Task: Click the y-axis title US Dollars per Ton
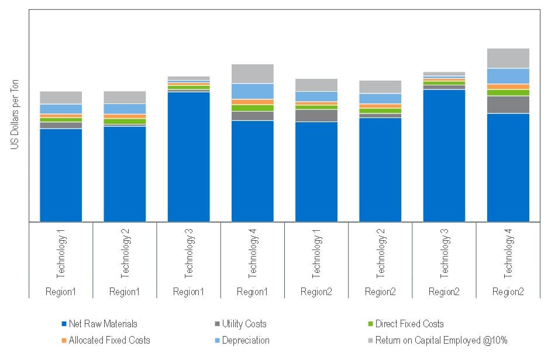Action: (14, 117)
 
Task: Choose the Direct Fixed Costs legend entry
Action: (409, 324)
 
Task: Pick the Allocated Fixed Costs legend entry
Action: (109, 340)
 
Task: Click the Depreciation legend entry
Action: (246, 340)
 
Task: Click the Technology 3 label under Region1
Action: (188, 256)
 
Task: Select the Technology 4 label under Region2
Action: (508, 256)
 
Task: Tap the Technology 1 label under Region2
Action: (316, 256)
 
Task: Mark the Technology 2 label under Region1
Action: (125, 256)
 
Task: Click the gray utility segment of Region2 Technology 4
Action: (508, 105)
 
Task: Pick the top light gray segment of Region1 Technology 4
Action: (253, 74)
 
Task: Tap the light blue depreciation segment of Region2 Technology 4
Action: (508, 76)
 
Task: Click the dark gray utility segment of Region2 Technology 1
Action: (316, 116)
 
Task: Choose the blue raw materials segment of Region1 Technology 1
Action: (61, 175)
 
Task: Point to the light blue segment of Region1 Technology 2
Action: (125, 109)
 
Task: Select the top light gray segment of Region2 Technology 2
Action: (380, 86)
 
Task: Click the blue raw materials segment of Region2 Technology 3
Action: (444, 155)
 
